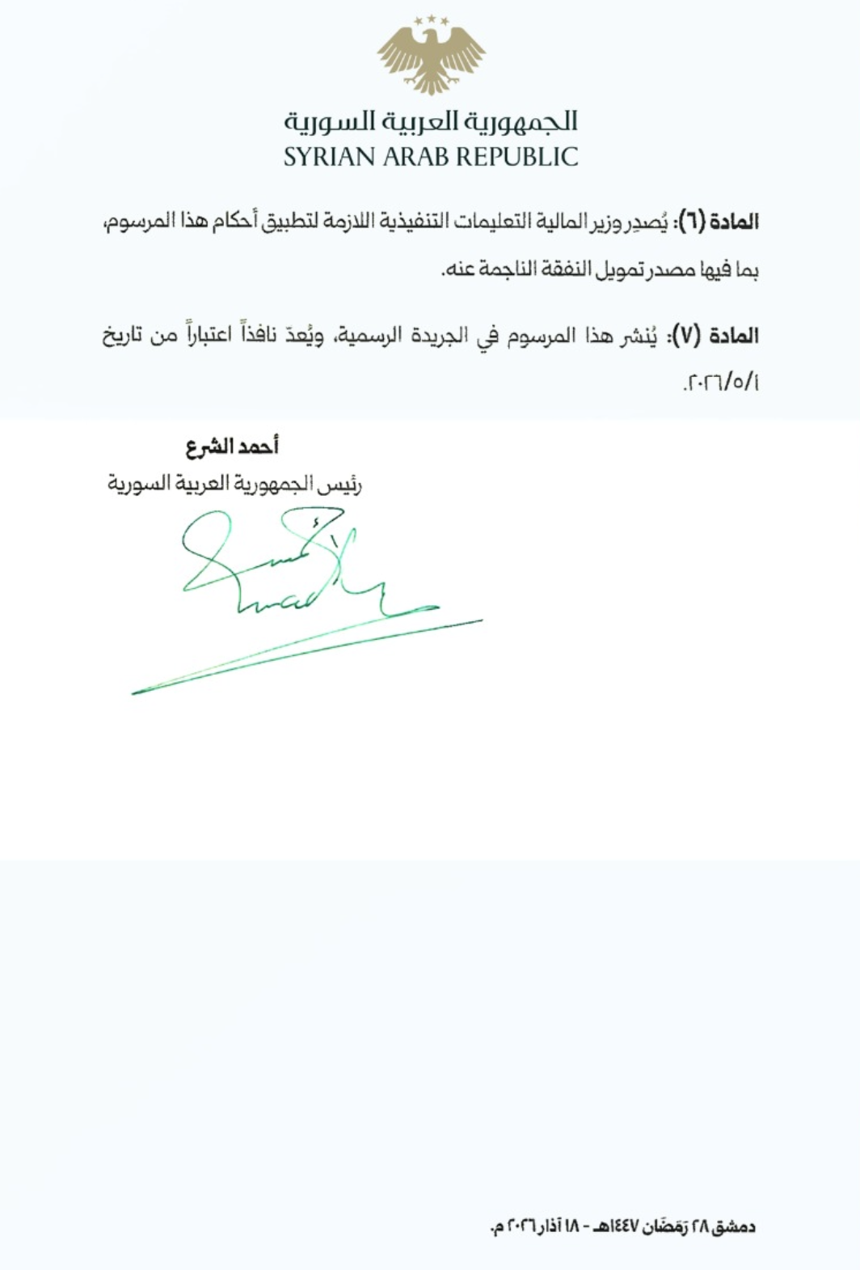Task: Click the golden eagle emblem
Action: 431,54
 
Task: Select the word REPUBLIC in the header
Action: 521,157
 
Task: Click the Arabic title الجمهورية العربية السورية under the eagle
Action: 431,121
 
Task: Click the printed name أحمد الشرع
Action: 232,447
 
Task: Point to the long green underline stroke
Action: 307,657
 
